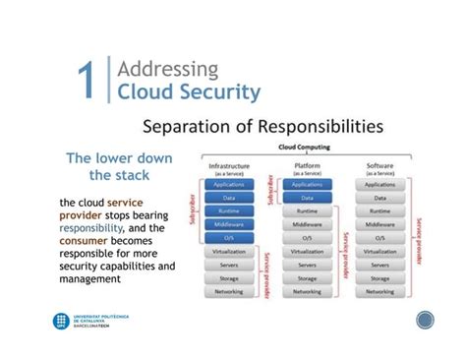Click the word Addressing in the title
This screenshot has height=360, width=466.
pos(168,69)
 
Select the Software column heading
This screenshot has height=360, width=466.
pos(379,165)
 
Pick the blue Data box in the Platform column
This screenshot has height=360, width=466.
pos(307,197)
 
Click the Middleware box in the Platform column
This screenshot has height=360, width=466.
pos(307,224)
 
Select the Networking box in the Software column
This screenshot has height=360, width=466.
pos(379,292)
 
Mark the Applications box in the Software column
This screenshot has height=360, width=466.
pos(379,184)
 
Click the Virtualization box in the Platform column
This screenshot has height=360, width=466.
pos(307,252)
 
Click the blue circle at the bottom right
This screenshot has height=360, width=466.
pos(426,321)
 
